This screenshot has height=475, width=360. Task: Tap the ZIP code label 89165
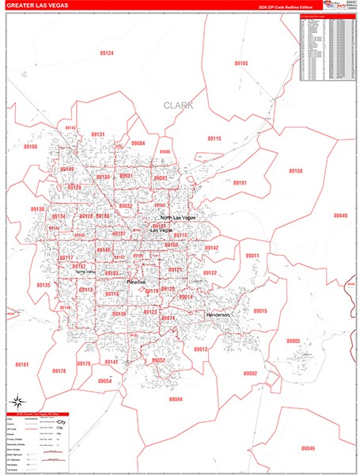[x=241, y=63]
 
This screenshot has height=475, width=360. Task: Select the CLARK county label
[x=178, y=104]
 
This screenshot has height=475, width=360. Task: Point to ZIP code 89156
[x=295, y=171]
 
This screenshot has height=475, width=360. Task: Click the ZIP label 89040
[x=340, y=215]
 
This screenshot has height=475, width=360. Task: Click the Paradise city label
[x=136, y=281]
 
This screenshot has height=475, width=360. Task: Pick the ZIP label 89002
[x=250, y=373]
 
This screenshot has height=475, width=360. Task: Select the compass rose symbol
[x=17, y=401]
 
